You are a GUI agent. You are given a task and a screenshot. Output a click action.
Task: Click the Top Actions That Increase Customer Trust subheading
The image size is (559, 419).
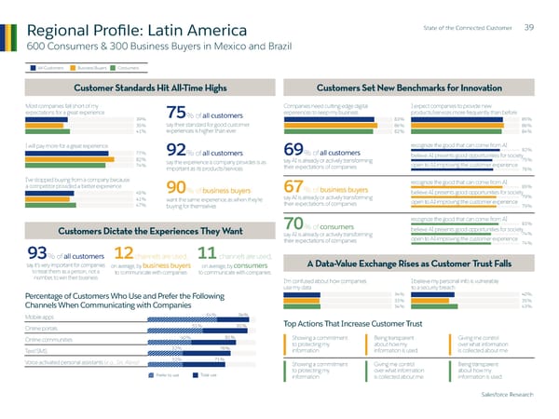[353, 323]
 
